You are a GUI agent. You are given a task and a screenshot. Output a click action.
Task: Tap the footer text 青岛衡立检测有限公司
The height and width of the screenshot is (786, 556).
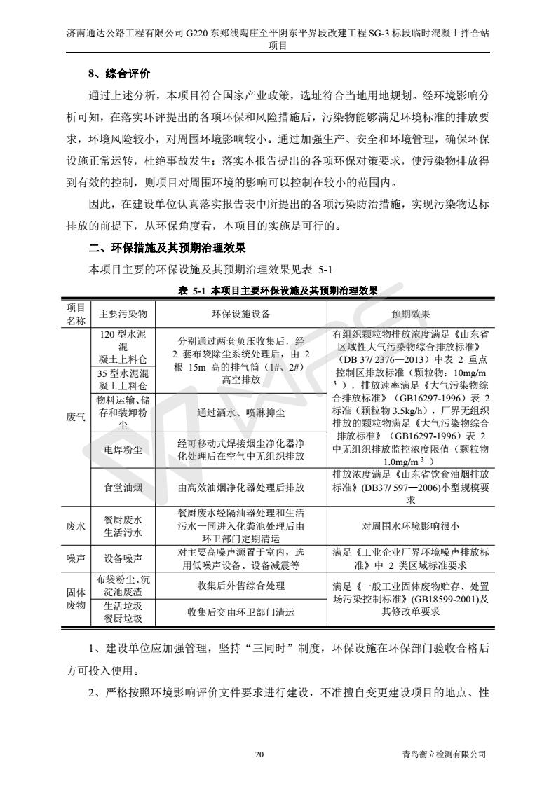tap(440, 754)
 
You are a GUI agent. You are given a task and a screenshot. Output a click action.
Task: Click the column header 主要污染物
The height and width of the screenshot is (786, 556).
tap(123, 313)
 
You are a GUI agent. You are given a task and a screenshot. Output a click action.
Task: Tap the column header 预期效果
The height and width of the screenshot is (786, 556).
tap(410, 313)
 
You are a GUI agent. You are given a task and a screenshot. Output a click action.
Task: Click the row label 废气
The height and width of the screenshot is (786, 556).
tap(76, 416)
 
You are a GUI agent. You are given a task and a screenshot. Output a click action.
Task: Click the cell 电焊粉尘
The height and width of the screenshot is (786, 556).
tap(123, 450)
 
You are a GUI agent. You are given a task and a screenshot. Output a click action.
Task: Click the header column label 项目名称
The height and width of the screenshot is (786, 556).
tap(76, 313)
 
